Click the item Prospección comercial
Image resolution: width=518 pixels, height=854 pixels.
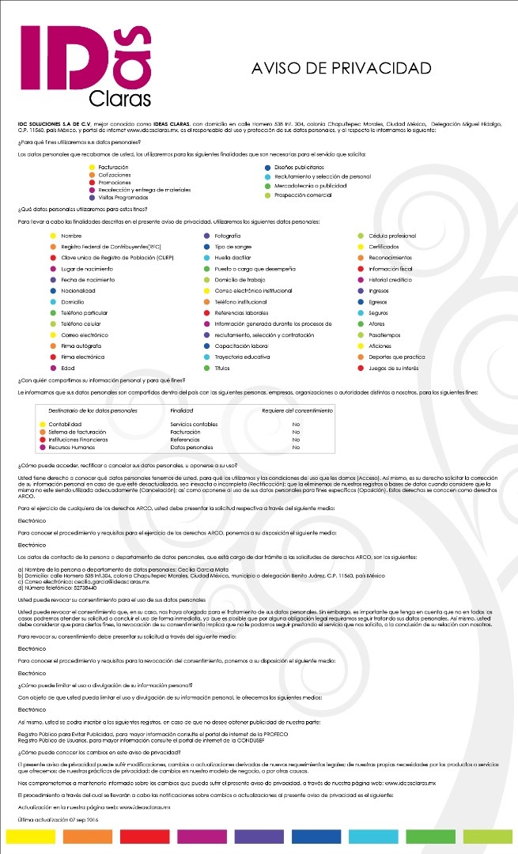303,195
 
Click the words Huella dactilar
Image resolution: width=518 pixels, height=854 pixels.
233,258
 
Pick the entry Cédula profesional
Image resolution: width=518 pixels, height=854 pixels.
392,236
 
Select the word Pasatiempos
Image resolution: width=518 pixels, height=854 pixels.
387,335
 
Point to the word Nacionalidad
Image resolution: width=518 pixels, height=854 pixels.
78,291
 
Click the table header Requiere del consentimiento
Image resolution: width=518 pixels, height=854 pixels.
297,411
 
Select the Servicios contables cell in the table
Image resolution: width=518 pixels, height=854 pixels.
194,425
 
